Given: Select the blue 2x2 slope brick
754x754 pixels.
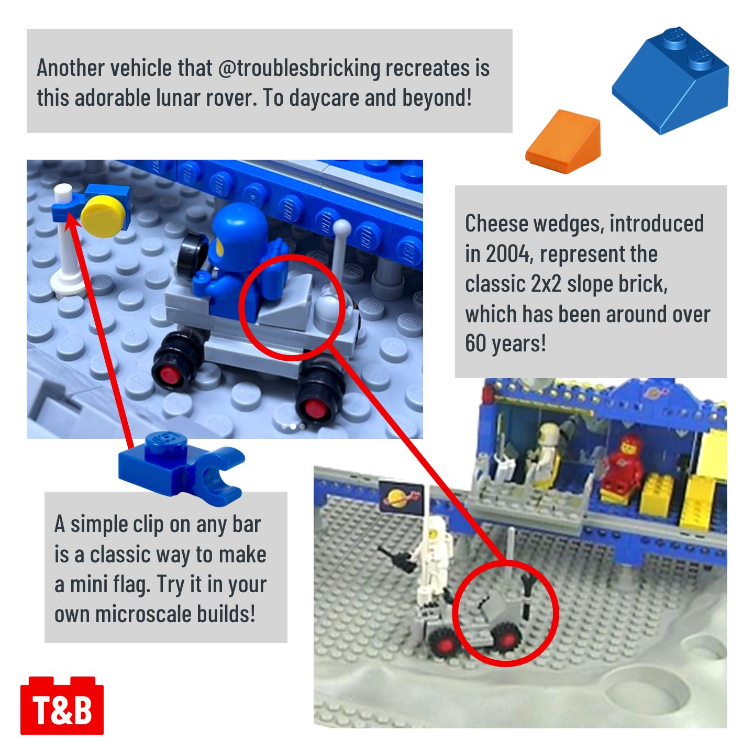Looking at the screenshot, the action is point(670,80).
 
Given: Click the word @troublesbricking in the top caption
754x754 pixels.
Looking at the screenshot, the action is point(299,68).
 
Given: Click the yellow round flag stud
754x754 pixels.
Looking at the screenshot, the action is point(103,216).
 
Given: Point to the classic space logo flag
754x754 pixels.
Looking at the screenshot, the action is point(402,498).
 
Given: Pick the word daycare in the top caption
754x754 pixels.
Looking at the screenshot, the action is point(324,98).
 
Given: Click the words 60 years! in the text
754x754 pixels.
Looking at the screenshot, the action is point(505,343).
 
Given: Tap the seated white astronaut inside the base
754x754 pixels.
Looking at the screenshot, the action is point(547,454).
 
